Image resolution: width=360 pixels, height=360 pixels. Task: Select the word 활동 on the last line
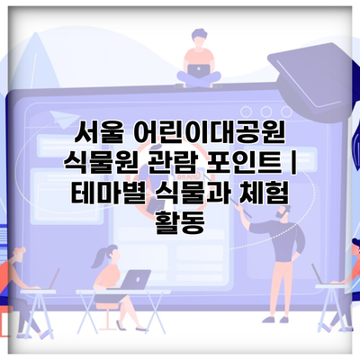pyautogui.click(x=180, y=222)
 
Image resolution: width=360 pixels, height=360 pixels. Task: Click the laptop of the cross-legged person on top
pyautogui.click(x=199, y=71)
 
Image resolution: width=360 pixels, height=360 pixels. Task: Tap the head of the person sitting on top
pyautogui.click(x=199, y=38)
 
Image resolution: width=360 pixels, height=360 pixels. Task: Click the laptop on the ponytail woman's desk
pyautogui.click(x=137, y=279)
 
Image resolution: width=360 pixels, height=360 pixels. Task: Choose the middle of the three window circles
pyautogui.click(x=266, y=112)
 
